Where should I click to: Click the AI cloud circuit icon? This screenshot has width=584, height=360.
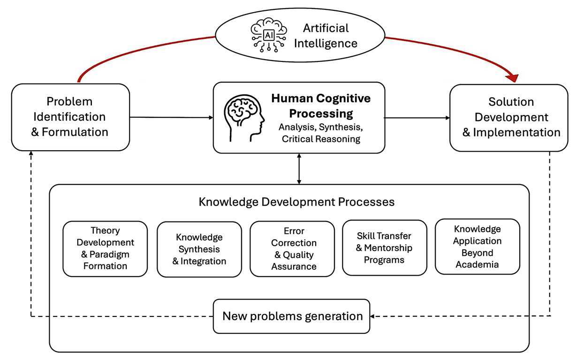(x=269, y=35)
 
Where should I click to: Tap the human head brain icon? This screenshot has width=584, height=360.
(x=244, y=118)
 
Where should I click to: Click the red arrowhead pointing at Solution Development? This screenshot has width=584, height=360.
(x=512, y=78)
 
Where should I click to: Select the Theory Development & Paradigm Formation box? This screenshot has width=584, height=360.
(x=105, y=249)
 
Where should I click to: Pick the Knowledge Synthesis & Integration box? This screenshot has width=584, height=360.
(x=199, y=249)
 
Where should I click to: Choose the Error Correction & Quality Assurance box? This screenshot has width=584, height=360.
(x=292, y=249)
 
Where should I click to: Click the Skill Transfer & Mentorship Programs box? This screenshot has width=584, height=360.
(x=385, y=247)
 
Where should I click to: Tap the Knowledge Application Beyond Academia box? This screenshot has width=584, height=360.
(x=478, y=246)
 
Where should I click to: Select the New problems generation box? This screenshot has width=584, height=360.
(x=291, y=316)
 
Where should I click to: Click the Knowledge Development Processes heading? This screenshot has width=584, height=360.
(x=296, y=202)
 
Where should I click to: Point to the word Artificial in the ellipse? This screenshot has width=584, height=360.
(x=326, y=28)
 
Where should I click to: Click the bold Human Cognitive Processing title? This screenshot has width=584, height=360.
(x=321, y=106)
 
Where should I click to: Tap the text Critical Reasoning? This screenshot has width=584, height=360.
(x=321, y=139)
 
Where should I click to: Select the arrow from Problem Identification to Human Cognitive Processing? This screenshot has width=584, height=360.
(x=171, y=117)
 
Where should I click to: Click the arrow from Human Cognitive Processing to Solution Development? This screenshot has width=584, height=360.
(x=417, y=118)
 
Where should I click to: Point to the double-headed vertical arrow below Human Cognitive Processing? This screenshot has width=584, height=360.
(x=299, y=169)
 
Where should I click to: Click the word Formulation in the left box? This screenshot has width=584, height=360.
(x=75, y=132)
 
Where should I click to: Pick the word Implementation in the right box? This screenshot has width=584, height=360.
(x=516, y=132)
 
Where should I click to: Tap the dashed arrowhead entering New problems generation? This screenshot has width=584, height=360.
(x=372, y=316)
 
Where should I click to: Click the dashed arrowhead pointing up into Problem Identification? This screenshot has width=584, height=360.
(x=31, y=153)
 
